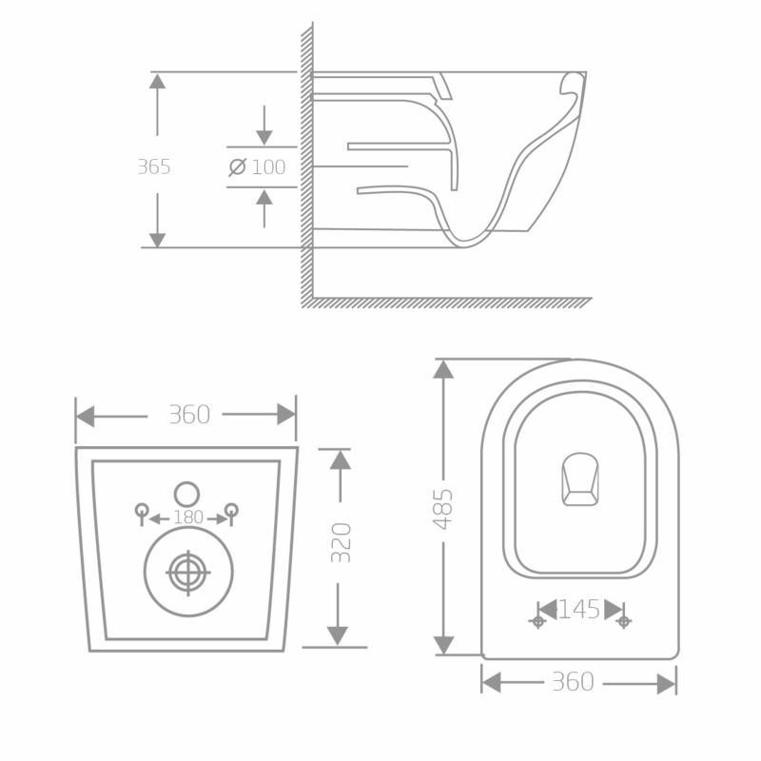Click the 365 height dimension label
pyautogui.click(x=153, y=166)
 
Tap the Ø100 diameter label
pyautogui.click(x=258, y=167)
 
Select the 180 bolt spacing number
pyautogui.click(x=188, y=517)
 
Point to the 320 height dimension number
pyautogui.click(x=341, y=542)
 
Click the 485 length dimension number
pyautogui.click(x=443, y=509)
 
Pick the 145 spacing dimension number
pyautogui.click(x=579, y=609)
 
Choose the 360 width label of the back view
pyautogui.click(x=188, y=415)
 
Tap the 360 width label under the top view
pyautogui.click(x=572, y=682)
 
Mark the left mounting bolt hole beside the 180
pyautogui.click(x=142, y=510)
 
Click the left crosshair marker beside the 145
pyautogui.click(x=537, y=621)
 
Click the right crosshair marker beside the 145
pyautogui.click(x=623, y=621)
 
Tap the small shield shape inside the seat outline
pyautogui.click(x=579, y=478)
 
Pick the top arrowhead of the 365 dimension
pyautogui.click(x=157, y=80)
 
